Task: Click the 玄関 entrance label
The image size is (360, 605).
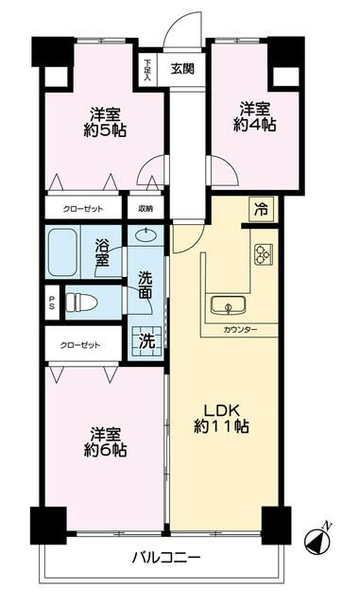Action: (182, 68)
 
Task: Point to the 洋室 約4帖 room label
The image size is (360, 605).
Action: (256, 116)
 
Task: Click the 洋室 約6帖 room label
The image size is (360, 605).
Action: (108, 441)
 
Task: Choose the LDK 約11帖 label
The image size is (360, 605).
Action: (223, 418)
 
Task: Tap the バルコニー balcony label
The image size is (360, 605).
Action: (165, 558)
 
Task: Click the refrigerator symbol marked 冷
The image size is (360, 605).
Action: (258, 210)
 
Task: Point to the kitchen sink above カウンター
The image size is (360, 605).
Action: (227, 305)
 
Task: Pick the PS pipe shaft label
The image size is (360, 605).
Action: (51, 302)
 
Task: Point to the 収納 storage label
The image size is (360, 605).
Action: (146, 209)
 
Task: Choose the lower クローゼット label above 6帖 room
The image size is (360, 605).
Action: (81, 345)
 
